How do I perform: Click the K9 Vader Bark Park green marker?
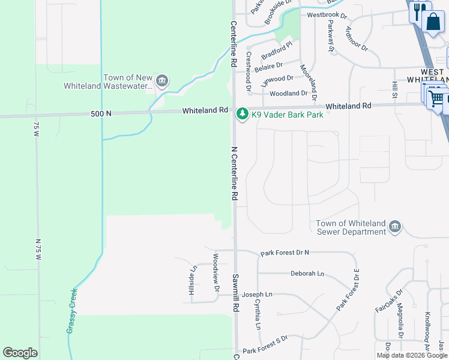(242, 114)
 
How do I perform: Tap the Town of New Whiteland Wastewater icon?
(161, 81)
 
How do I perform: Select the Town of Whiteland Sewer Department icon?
(394, 227)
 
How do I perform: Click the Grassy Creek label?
(72, 311)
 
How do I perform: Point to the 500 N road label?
(101, 113)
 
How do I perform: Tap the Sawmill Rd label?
(235, 293)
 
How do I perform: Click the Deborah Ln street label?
(307, 274)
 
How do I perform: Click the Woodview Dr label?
(215, 272)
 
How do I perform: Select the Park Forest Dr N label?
(285, 253)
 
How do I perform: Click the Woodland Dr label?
(288, 94)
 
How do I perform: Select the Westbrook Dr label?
(327, 15)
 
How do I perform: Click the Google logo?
(20, 353)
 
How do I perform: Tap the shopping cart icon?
(437, 98)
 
